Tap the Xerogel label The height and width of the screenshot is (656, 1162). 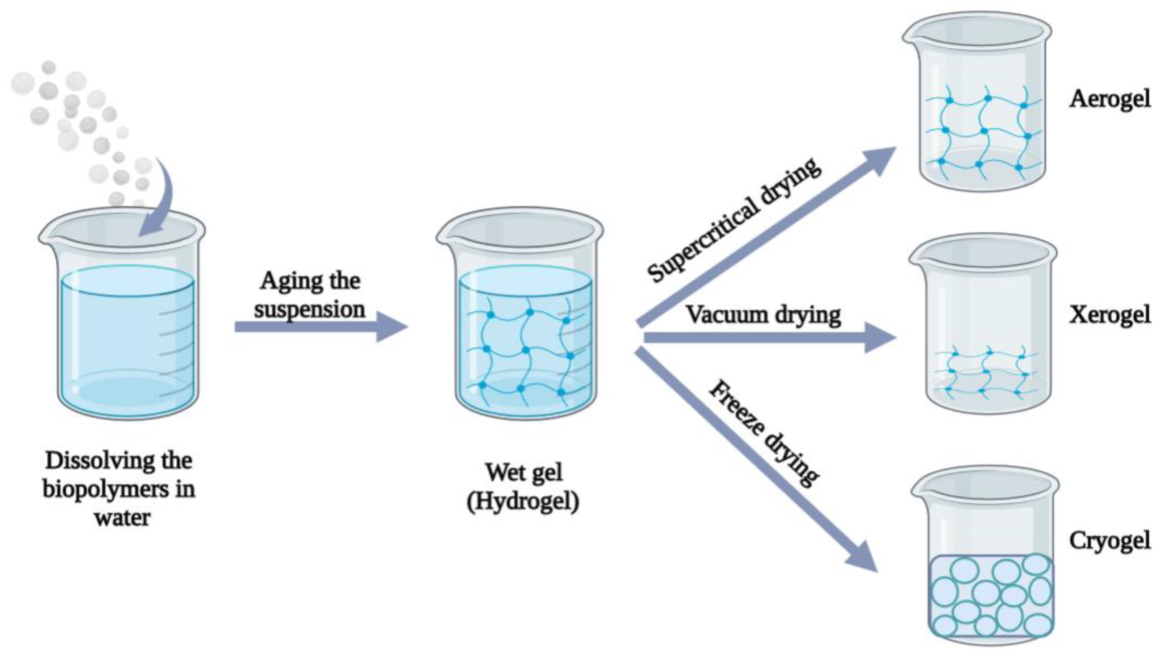click(x=1109, y=315)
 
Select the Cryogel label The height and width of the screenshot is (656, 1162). click(x=1109, y=540)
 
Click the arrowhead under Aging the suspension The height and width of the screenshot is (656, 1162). click(x=391, y=326)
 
